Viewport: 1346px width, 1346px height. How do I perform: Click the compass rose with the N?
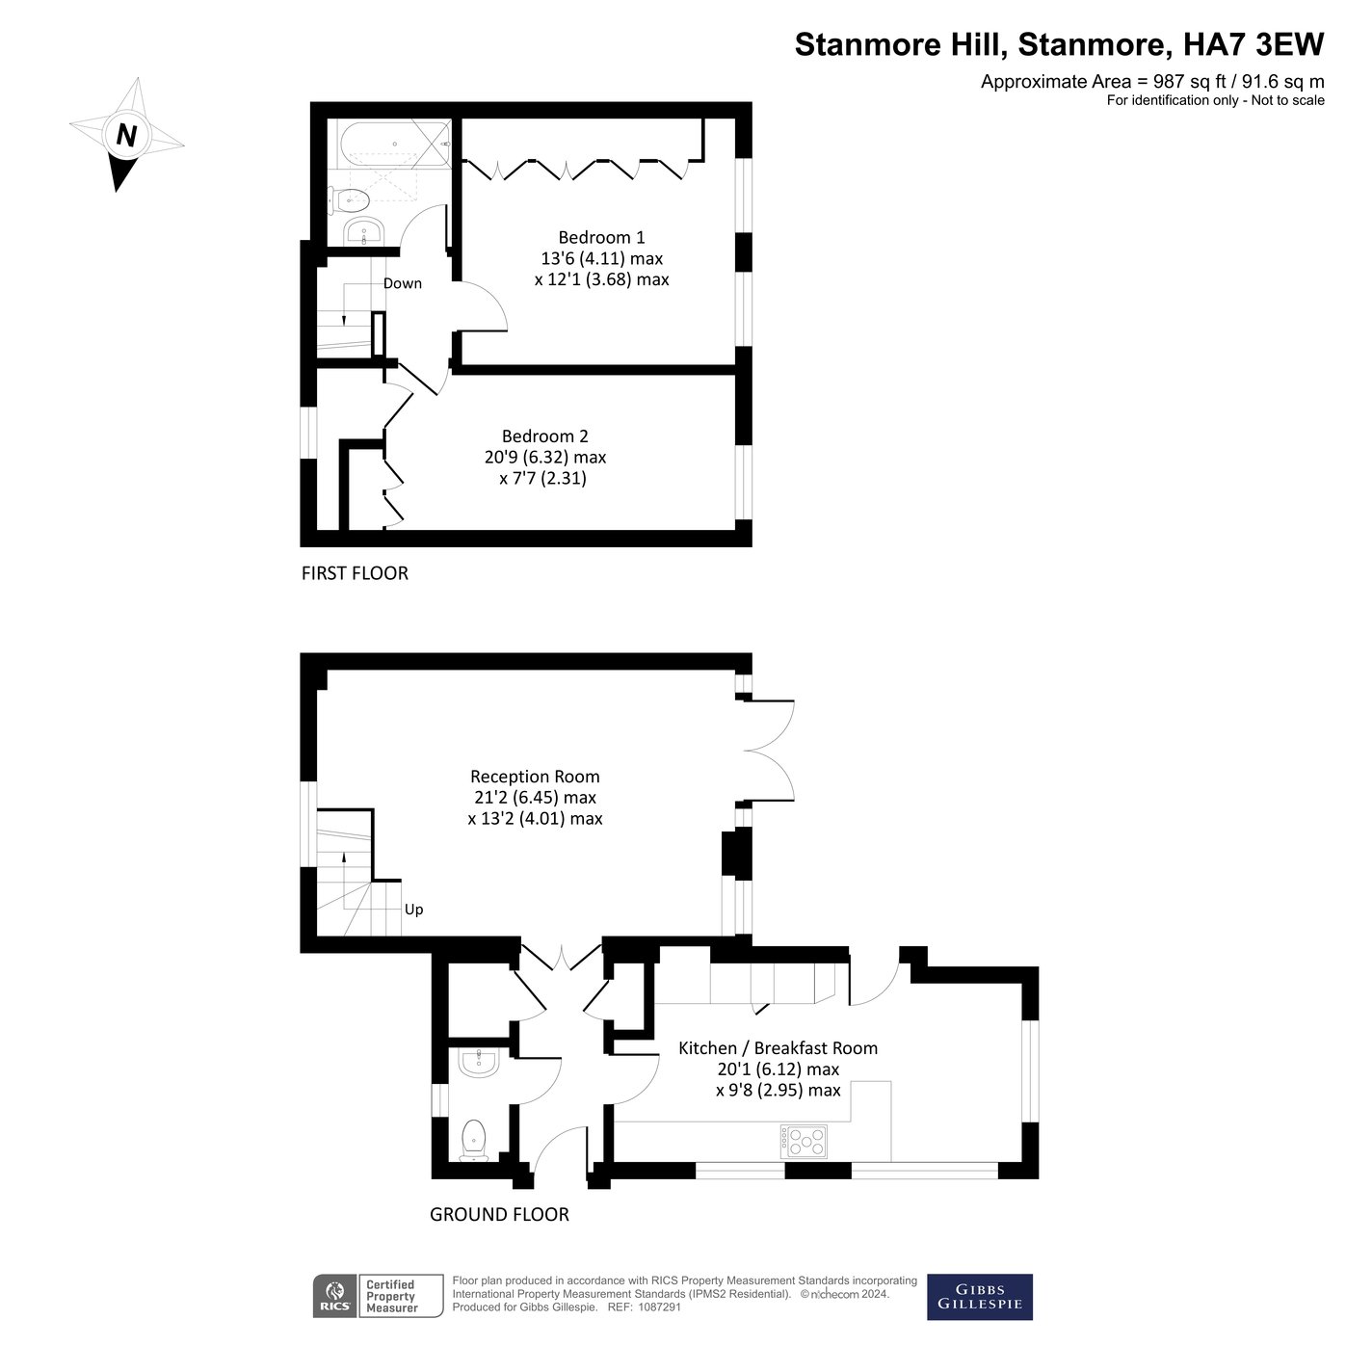(125, 135)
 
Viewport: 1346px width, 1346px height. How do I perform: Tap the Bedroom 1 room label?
(601, 238)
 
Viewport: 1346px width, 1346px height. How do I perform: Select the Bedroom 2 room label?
(544, 436)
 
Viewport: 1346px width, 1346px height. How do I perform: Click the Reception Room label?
(535, 777)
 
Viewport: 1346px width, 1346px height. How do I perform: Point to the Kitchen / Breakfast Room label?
(778, 1048)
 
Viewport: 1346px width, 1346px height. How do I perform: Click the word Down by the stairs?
(403, 283)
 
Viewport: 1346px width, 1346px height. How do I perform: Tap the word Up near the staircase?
(413, 910)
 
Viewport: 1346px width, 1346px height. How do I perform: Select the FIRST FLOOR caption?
(355, 573)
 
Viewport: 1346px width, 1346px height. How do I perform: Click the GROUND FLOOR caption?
(499, 1215)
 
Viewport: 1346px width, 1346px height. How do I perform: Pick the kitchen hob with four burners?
(804, 1142)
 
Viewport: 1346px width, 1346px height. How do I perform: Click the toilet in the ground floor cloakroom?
(474, 1139)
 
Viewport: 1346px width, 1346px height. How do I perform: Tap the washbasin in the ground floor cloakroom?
(479, 1062)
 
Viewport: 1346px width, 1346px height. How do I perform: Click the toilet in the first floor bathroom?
(349, 200)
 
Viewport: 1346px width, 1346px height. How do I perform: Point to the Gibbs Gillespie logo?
(979, 1297)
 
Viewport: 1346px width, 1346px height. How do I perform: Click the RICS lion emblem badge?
(334, 1296)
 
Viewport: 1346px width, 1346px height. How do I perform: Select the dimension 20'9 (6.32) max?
(544, 458)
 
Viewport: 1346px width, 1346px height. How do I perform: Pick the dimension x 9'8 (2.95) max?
(778, 1091)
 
